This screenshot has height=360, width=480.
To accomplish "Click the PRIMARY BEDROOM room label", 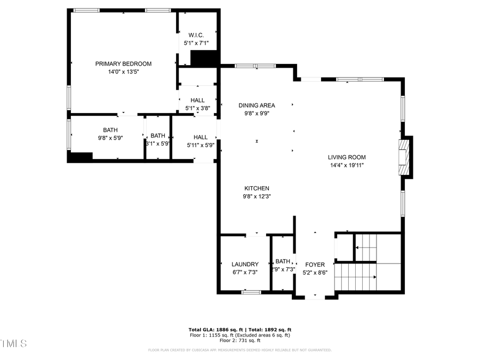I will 123,63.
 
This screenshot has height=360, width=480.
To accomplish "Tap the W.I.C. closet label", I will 196,35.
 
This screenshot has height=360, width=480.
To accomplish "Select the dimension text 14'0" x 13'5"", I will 123,72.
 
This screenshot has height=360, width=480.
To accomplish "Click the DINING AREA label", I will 257,105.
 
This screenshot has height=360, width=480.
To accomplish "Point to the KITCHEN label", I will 257,188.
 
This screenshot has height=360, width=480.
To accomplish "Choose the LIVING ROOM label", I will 347,157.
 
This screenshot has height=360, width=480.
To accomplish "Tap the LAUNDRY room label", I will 245,264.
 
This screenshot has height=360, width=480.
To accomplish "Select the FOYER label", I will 315,265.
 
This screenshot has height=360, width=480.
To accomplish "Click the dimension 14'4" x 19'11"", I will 347,165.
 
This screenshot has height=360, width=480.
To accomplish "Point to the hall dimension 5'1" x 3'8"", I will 197,109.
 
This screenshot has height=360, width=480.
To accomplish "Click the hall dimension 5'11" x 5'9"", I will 201,145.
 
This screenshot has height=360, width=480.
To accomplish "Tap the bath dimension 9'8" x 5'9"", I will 110,138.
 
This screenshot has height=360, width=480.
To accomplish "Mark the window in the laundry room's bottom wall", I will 251,292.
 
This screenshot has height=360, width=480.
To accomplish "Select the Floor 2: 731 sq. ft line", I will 239,340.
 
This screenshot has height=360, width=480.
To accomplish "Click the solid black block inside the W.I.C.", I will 204,58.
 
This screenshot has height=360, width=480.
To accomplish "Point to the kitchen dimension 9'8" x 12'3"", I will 257,196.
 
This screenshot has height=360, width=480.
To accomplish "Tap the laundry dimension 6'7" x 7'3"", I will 245,272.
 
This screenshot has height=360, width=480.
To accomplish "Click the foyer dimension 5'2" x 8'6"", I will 315,273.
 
